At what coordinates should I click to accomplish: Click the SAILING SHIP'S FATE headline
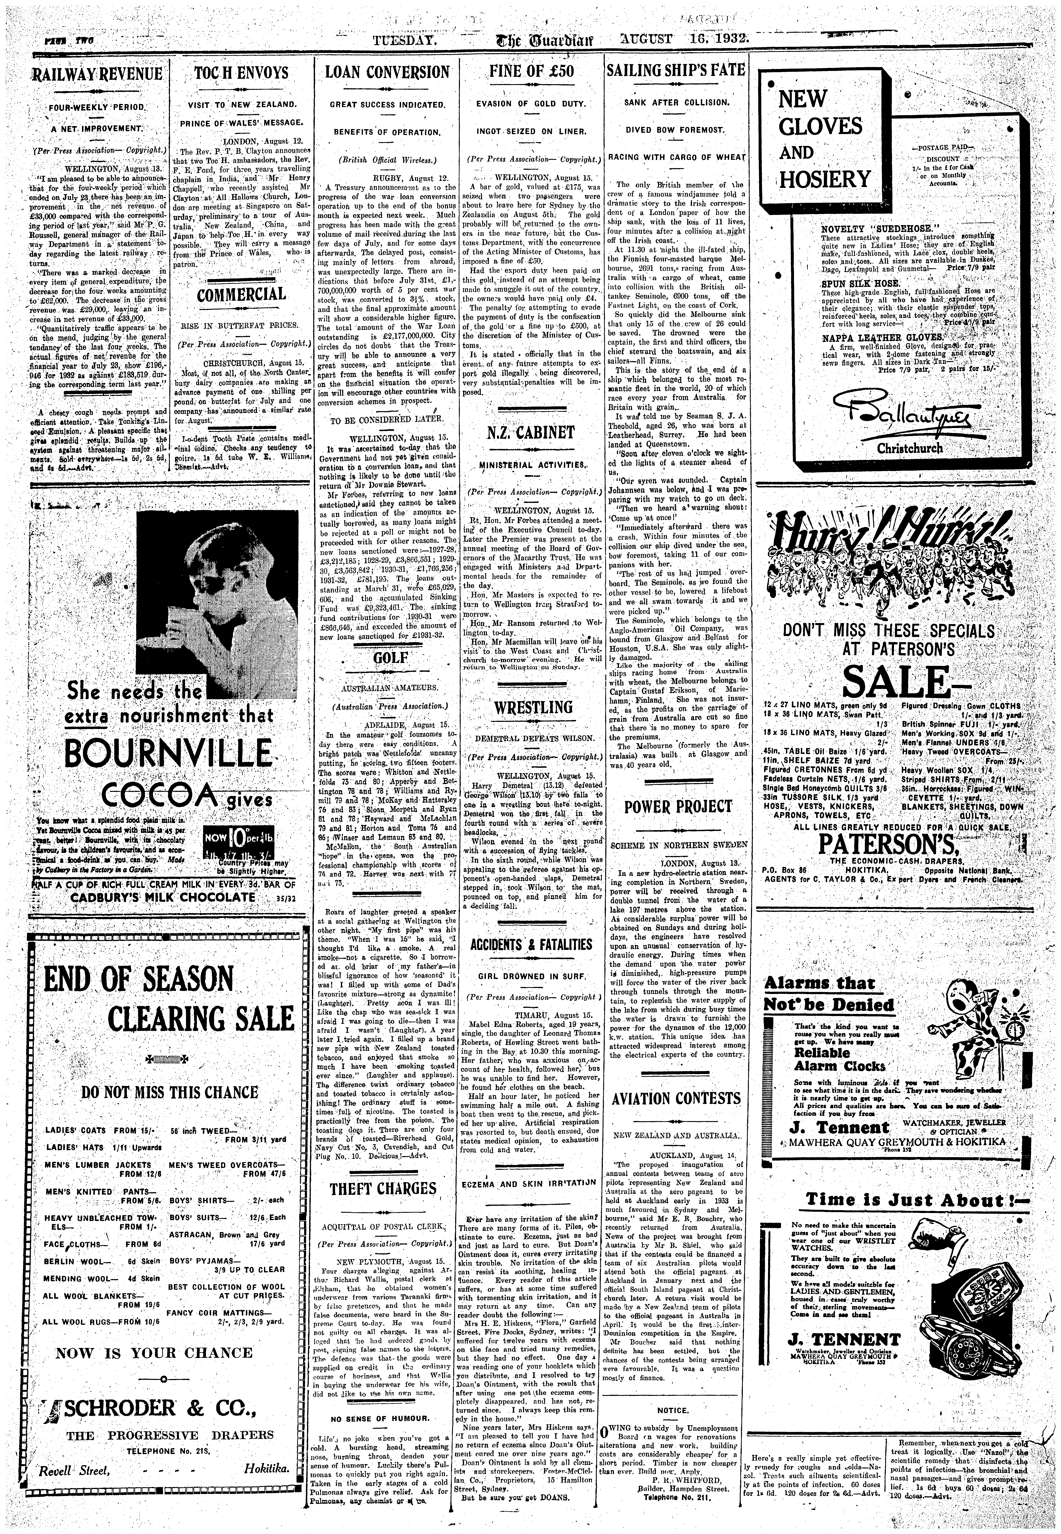(x=675, y=72)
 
